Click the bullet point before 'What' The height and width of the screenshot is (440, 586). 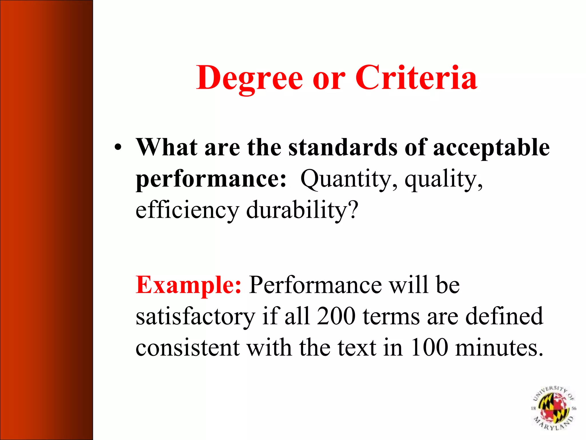pyautogui.click(x=118, y=148)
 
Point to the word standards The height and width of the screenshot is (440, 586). pyautogui.click(x=343, y=147)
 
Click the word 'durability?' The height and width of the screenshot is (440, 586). pyautogui.click(x=302, y=210)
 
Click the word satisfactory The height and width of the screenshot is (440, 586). pyautogui.click(x=195, y=317)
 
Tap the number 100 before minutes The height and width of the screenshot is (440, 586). pyautogui.click(x=429, y=348)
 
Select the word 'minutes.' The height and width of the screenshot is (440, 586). pyautogui.click(x=499, y=348)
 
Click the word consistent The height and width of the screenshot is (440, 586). pyautogui.click(x=187, y=348)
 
